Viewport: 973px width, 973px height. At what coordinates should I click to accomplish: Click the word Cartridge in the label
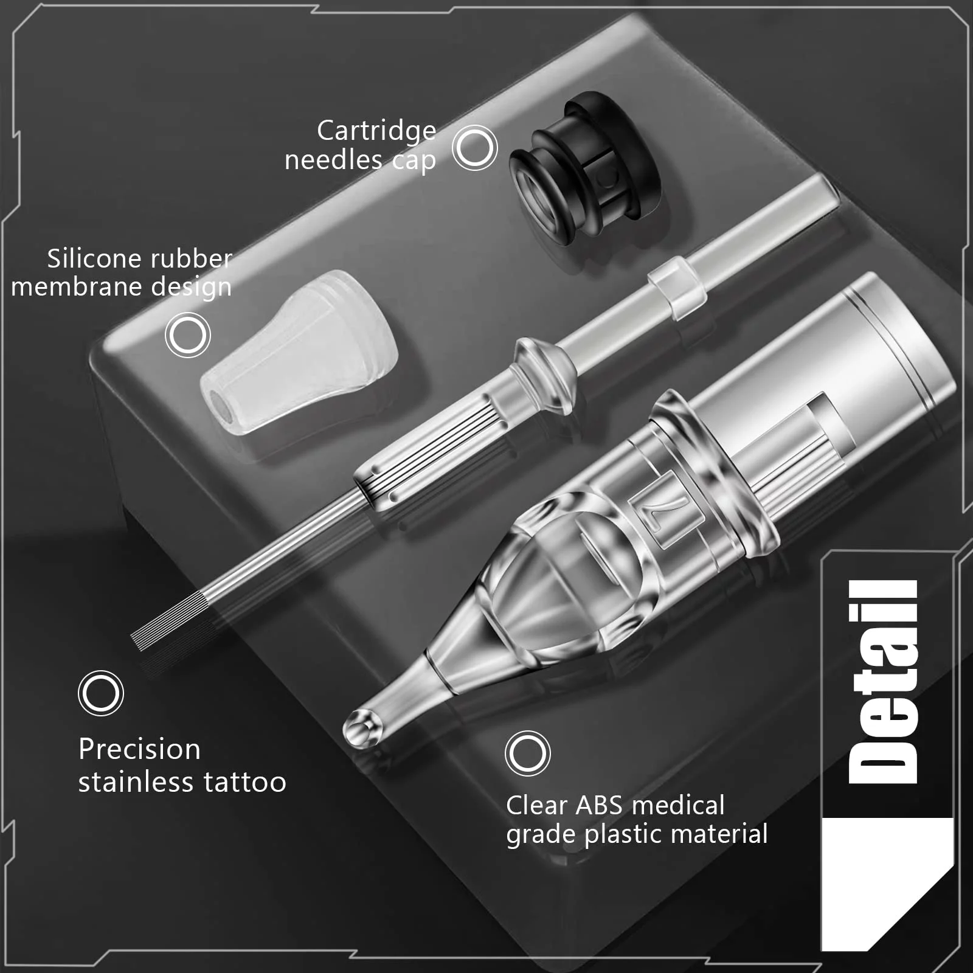376,131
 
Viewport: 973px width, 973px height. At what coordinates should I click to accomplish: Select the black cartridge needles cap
584,168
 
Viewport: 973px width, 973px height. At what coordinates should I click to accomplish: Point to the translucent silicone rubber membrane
300,352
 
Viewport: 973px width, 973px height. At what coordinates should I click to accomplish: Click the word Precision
140,749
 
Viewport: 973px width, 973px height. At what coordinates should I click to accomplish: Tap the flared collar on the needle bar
543,376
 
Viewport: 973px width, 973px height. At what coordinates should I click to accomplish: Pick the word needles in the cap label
334,160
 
